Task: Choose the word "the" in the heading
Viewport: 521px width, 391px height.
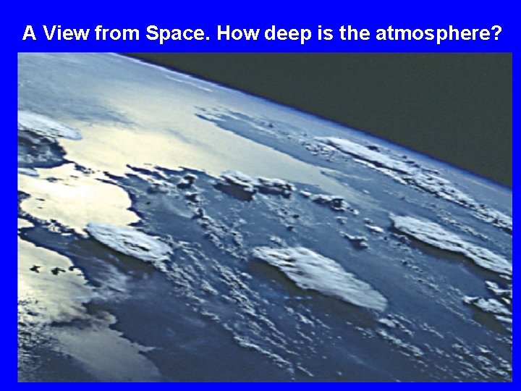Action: coord(353,33)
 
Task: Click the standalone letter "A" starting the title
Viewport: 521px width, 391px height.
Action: coord(29,33)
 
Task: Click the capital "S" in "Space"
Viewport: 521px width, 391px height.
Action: coord(152,33)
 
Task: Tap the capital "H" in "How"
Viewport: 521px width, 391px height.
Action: coord(224,33)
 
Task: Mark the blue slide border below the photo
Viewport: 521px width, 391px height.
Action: coord(260,387)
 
